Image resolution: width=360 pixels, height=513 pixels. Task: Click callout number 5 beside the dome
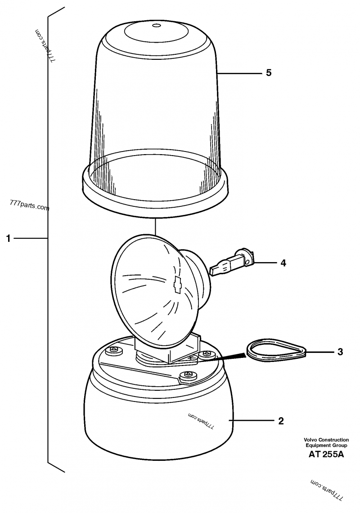coord(269,73)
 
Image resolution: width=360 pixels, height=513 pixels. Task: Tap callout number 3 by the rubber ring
coord(340,352)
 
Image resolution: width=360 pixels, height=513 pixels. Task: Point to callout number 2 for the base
coord(281,421)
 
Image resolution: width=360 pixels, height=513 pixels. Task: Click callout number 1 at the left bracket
coord(9,238)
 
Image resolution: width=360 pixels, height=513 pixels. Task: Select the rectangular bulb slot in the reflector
coord(178,284)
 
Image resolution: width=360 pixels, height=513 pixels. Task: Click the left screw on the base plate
coord(114,350)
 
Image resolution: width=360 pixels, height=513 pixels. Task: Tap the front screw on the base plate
coord(187,375)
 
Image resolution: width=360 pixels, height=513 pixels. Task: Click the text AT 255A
coord(326,455)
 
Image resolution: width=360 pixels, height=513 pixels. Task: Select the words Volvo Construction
coord(326,440)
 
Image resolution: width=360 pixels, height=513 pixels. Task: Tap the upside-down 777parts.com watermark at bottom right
coord(327,490)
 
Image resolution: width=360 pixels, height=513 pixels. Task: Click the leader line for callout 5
coord(240,73)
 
